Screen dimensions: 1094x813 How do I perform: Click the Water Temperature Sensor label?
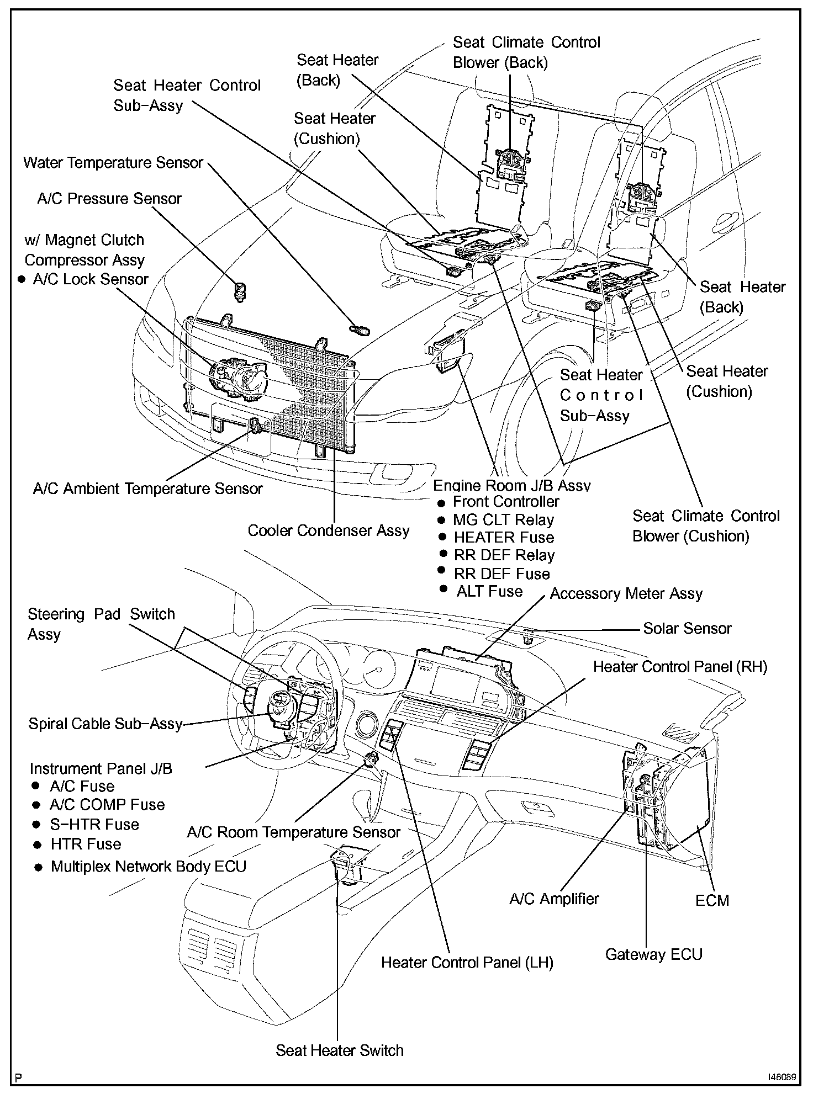click(x=113, y=163)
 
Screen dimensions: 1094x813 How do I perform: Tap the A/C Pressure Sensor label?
click(x=109, y=199)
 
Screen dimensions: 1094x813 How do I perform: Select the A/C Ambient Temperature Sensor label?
click(x=147, y=488)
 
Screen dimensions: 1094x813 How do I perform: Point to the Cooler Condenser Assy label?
click(x=329, y=530)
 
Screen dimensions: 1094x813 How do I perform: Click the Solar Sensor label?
click(x=687, y=628)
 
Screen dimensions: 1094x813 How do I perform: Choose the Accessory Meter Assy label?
click(x=626, y=594)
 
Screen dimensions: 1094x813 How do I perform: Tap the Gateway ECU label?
click(x=654, y=954)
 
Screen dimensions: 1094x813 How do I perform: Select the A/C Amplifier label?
click(x=554, y=899)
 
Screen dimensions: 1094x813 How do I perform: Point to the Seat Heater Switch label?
click(x=340, y=1050)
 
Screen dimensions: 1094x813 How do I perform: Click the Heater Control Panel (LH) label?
click(x=467, y=963)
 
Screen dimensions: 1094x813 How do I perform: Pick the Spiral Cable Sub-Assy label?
click(x=105, y=724)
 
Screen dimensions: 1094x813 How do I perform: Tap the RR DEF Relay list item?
click(x=504, y=555)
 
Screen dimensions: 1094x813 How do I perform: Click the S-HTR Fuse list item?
click(x=94, y=825)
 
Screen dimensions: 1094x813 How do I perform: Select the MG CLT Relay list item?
click(x=503, y=520)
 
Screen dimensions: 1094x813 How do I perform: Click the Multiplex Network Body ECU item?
click(x=148, y=867)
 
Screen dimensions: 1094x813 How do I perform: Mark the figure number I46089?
click(x=781, y=1077)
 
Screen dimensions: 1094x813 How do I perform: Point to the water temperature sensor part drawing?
click(x=361, y=331)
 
